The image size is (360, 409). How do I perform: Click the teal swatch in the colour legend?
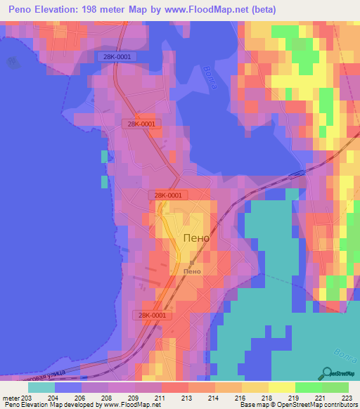(41, 387)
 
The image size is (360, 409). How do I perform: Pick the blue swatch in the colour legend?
(68, 387)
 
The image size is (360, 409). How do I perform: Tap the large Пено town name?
(196, 238)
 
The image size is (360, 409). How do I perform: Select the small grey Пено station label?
(192, 272)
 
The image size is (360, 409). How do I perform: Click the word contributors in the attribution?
(340, 405)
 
